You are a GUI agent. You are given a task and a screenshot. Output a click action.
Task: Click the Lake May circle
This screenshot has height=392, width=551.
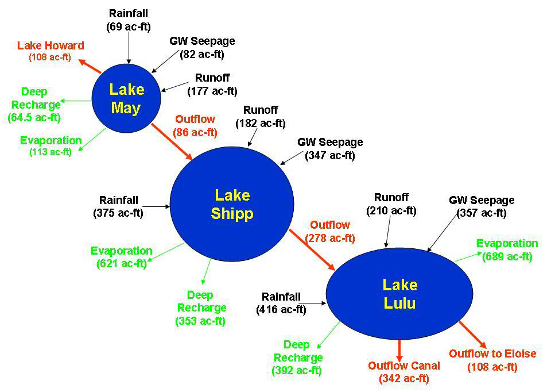(x=126, y=98)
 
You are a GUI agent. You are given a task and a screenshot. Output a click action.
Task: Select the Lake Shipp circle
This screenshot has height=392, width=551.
(x=232, y=204)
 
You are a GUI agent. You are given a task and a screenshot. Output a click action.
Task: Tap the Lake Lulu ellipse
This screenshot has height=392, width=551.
(x=399, y=294)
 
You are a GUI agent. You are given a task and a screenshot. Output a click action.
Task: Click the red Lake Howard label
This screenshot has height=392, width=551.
(x=51, y=45)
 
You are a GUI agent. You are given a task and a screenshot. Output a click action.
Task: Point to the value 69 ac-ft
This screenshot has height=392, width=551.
(x=129, y=27)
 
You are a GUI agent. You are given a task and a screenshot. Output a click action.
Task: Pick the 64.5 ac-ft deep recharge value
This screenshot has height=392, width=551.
(x=34, y=117)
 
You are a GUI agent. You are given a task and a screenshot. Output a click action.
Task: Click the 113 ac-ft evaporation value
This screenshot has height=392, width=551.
(x=51, y=152)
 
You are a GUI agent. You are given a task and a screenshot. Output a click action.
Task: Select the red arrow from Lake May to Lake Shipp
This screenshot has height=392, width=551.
(x=172, y=142)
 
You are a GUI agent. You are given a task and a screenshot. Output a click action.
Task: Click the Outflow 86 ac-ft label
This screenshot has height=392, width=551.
(x=195, y=126)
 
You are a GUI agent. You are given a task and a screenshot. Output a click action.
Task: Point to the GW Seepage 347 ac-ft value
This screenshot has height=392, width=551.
(x=330, y=155)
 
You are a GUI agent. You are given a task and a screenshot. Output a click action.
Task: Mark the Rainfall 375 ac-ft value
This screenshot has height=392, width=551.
(x=118, y=213)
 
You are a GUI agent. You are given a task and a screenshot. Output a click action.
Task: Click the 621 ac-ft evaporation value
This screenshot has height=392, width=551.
(x=122, y=263)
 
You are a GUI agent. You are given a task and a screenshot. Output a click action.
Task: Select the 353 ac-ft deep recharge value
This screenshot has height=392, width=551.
(x=200, y=321)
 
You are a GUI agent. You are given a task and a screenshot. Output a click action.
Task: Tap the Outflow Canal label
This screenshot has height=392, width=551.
(x=403, y=366)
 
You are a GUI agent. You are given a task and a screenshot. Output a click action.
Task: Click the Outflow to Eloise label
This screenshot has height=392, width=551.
(x=492, y=353)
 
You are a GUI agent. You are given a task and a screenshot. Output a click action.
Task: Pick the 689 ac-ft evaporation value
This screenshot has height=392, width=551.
(x=507, y=256)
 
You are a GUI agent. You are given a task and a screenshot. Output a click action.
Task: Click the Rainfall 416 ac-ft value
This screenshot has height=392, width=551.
(x=281, y=309)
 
